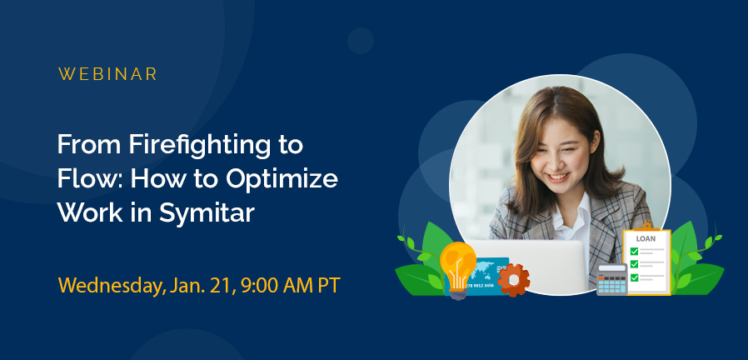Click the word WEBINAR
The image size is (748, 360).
point(107,73)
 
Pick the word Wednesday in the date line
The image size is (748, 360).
point(106,285)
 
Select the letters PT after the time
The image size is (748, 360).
point(327,285)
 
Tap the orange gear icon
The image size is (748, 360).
point(514,279)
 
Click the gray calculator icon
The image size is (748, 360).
point(611,280)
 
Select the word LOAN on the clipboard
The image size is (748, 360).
point(646,238)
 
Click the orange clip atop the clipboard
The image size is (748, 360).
point(646,226)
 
